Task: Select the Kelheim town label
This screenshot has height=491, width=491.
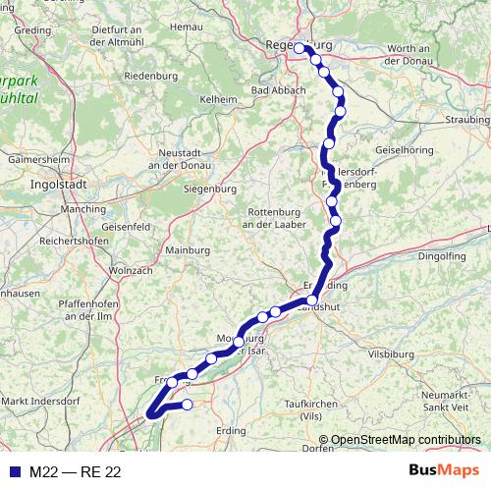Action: tap(218, 99)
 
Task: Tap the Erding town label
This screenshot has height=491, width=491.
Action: tap(231, 430)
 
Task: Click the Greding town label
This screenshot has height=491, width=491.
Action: tap(32, 30)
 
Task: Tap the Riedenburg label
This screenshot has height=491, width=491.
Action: tap(150, 76)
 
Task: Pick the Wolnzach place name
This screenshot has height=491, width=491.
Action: tap(130, 269)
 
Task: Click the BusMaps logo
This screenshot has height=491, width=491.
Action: tap(444, 471)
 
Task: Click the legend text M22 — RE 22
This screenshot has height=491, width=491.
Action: tap(75, 472)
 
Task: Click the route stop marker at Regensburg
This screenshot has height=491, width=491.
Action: tap(300, 47)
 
